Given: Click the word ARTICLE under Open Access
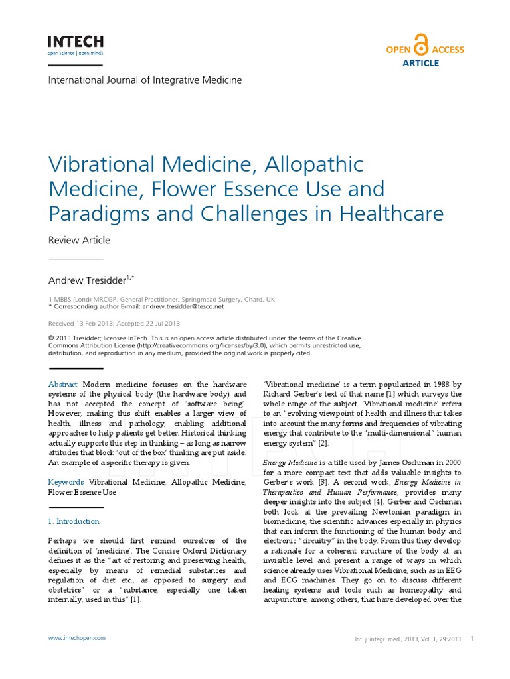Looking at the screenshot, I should point(421,63).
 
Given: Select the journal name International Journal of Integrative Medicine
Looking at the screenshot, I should point(145,80).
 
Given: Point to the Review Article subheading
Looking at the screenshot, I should point(79,240).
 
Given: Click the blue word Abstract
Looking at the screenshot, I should point(63,385).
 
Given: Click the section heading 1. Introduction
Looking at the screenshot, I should point(74,521).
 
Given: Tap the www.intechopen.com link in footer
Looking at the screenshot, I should point(76,638).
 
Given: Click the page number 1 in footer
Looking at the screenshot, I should point(471,639).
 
